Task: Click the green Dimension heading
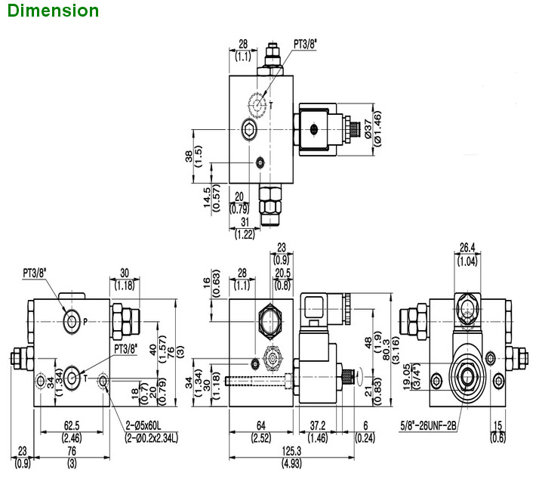50,11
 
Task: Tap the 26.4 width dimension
468,246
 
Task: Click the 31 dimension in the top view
245,222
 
